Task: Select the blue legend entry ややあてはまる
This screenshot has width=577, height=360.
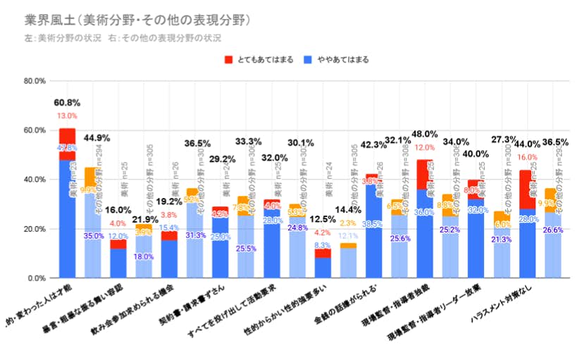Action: [337, 60]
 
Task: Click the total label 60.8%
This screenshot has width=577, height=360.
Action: [67, 103]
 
